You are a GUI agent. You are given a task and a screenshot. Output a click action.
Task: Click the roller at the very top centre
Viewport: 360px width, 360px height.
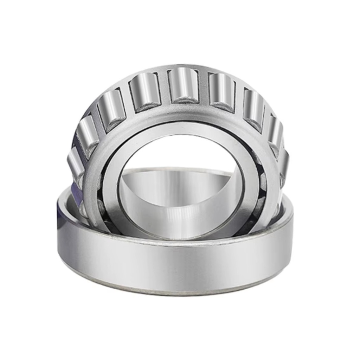183,85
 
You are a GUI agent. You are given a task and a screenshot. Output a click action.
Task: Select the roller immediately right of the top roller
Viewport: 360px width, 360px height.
221,91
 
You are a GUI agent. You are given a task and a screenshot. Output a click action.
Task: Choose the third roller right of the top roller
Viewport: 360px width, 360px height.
276,131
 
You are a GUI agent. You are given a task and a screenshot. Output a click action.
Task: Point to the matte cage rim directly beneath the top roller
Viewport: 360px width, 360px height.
183,112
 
